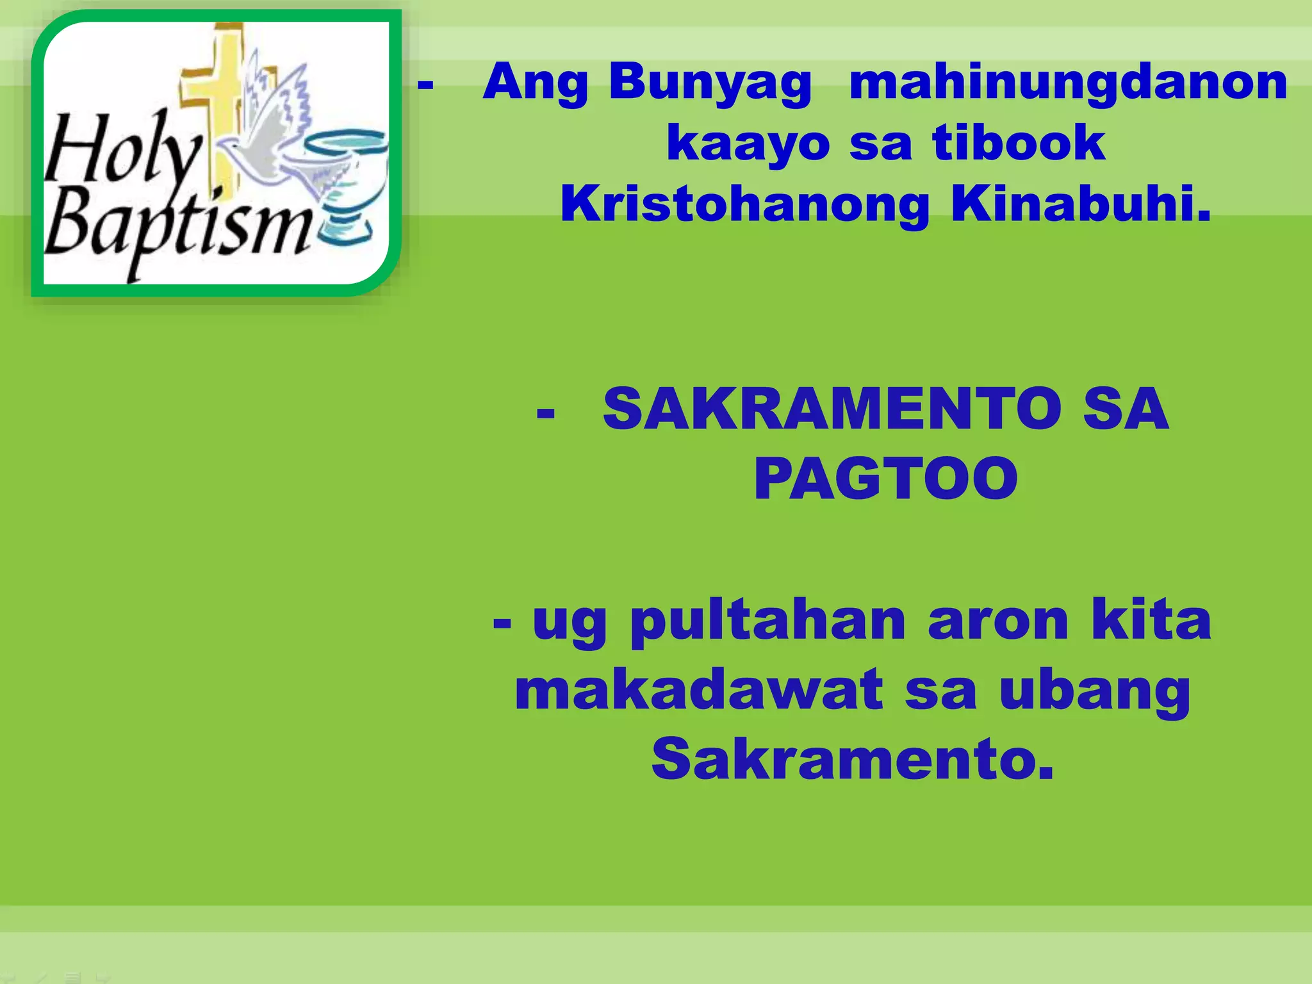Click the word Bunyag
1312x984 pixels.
(710, 83)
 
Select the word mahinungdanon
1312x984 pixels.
(1068, 83)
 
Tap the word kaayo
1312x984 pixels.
(748, 143)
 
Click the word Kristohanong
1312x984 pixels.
(744, 204)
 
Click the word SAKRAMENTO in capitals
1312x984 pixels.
(832, 409)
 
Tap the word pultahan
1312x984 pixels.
(768, 621)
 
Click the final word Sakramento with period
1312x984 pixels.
(852, 759)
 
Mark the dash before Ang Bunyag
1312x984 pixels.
(425, 84)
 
